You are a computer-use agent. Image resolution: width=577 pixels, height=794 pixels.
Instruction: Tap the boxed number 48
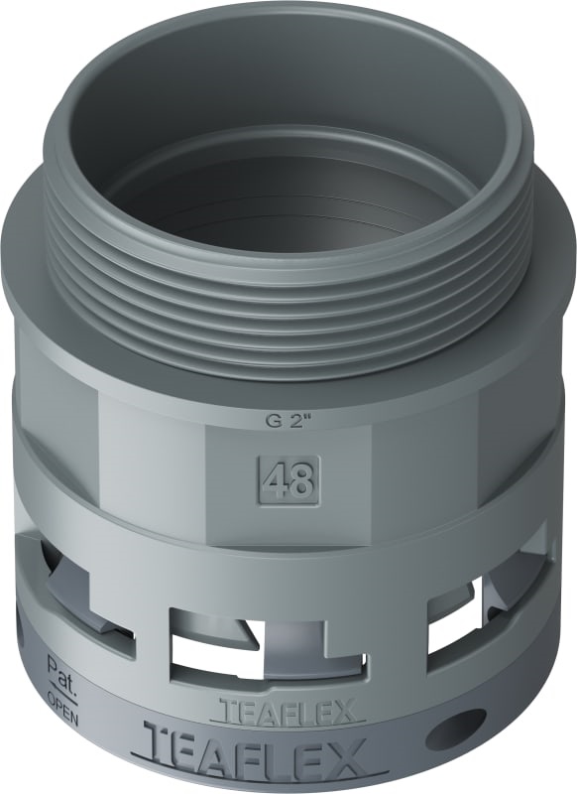pyautogui.click(x=289, y=478)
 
